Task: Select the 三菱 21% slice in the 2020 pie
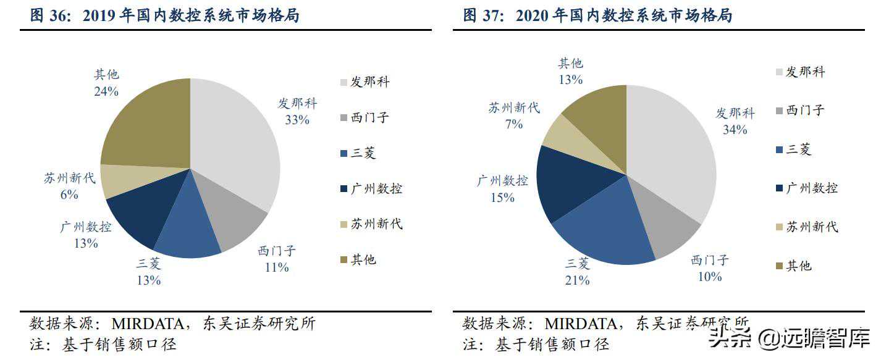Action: pyautogui.click(x=602, y=232)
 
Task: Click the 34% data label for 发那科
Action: pyautogui.click(x=735, y=130)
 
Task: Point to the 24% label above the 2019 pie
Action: pyautogui.click(x=106, y=91)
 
